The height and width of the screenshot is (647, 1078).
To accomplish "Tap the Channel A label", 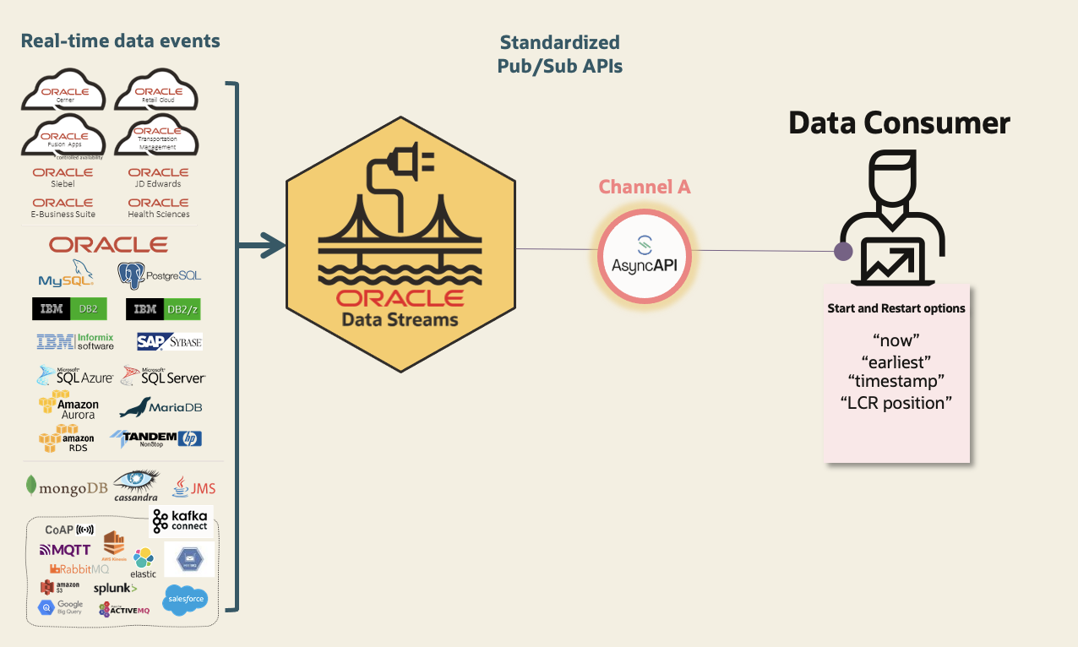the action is point(645,188).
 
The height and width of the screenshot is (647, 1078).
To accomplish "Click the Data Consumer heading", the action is point(899,123).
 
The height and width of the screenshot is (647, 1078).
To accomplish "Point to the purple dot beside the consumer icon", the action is point(842,251).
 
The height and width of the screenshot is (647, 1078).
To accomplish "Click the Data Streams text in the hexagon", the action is point(400,320).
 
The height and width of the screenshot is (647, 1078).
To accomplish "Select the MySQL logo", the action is point(66,276).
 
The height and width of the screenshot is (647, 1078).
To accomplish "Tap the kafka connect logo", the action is point(180,522).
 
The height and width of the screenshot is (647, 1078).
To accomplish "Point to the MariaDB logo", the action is point(161,408).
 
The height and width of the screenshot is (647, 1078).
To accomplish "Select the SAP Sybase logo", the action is point(169,341).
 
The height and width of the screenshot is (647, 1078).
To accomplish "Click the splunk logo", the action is point(115,588).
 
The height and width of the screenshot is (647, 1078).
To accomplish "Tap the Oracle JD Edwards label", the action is point(158,177).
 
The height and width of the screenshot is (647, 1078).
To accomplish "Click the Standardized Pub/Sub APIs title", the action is point(559,54).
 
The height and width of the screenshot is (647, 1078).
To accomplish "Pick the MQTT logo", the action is point(65,550).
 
